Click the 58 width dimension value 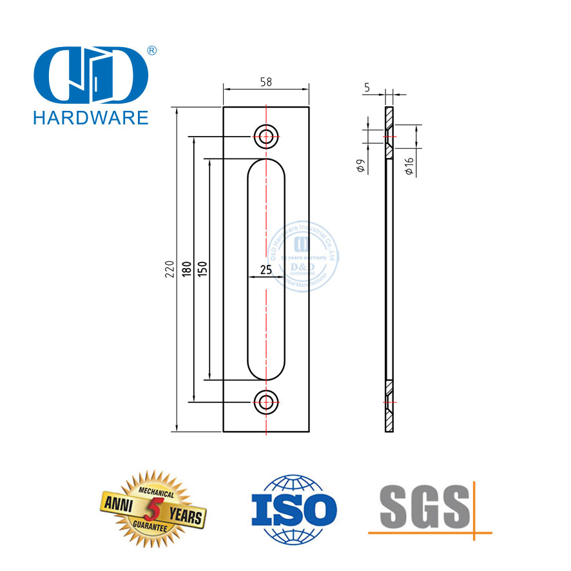[x=266, y=82]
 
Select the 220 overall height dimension [x=169, y=269]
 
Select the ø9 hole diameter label [x=362, y=166]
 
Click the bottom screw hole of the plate [x=266, y=401]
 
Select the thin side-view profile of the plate [x=389, y=271]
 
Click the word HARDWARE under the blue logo [x=90, y=117]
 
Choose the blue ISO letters [x=293, y=511]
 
